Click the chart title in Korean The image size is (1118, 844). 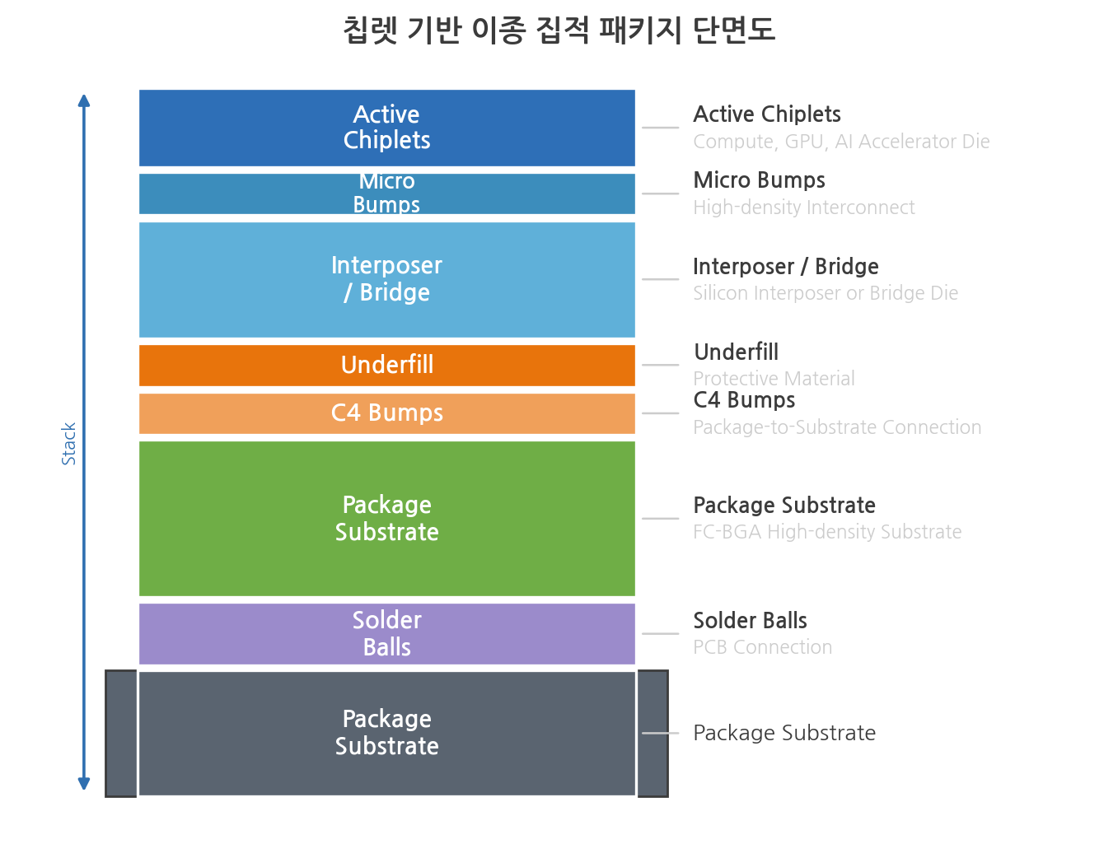point(559,30)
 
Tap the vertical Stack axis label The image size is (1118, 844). point(68,443)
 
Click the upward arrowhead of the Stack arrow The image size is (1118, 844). point(84,100)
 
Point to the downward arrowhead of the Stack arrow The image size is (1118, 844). point(84,782)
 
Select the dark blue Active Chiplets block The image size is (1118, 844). point(386,128)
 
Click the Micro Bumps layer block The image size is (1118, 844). point(386,194)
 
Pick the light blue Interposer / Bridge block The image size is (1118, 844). point(386,279)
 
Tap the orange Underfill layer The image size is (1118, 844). point(386,365)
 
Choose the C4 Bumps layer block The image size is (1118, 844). point(386,413)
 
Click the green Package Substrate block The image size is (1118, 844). point(386,518)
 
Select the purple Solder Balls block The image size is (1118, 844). point(386,633)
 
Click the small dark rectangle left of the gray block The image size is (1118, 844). point(121,733)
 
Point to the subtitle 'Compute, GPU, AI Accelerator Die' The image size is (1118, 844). point(841,141)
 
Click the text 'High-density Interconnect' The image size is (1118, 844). point(804,208)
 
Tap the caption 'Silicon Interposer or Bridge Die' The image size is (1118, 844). point(826,292)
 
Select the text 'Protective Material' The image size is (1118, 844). point(774,378)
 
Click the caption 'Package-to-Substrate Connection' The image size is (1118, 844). point(837,427)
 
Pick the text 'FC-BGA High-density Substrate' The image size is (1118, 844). point(827,531)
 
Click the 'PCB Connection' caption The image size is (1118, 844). point(762,646)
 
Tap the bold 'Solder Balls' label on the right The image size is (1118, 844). point(750,620)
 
